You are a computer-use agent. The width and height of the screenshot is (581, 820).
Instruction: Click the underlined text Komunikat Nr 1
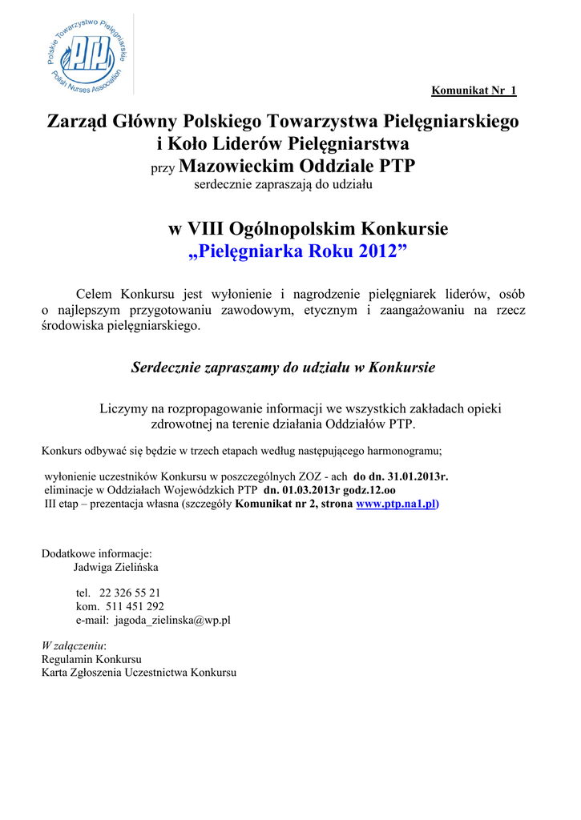(474, 90)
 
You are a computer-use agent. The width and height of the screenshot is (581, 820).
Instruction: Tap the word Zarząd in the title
(79, 122)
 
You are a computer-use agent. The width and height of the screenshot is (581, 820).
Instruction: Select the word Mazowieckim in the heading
(236, 167)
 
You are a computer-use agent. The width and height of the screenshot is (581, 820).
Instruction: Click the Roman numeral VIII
(207, 229)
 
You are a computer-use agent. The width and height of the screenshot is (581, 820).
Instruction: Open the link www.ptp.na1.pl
(397, 504)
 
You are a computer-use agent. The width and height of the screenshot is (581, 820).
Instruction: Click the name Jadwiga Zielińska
(116, 567)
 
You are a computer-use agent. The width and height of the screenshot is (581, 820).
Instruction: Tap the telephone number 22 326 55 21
(130, 593)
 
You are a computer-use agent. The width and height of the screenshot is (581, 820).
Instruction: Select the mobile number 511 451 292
(134, 606)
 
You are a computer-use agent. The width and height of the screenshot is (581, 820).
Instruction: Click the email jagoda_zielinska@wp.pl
(172, 620)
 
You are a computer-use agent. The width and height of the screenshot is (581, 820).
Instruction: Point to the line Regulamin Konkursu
(91, 660)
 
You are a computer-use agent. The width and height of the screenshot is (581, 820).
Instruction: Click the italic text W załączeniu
(74, 646)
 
